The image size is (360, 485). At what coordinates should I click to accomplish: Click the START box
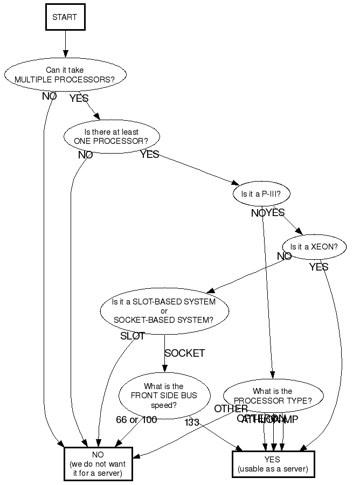65,17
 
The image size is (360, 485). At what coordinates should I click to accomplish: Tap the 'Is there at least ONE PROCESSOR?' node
112,137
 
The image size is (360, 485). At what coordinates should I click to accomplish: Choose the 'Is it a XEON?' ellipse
314,247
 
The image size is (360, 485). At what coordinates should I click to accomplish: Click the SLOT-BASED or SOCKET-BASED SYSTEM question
164,310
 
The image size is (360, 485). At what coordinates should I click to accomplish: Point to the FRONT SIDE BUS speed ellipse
164,396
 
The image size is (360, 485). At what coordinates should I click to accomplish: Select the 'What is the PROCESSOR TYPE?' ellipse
273,396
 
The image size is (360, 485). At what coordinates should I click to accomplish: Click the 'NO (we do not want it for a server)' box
98,463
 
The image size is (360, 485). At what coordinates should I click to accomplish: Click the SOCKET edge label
184,354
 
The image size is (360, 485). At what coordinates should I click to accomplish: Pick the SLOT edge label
133,336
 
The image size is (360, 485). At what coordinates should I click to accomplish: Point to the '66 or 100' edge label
136,420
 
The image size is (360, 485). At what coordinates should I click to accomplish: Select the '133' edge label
192,422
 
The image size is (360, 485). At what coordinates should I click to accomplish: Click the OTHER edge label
231,409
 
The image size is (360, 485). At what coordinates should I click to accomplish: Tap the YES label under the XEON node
319,267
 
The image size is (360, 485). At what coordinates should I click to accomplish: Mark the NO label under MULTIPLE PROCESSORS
50,96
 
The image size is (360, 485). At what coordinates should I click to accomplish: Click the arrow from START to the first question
65,44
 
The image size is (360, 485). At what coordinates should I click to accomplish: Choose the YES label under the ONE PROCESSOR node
149,155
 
